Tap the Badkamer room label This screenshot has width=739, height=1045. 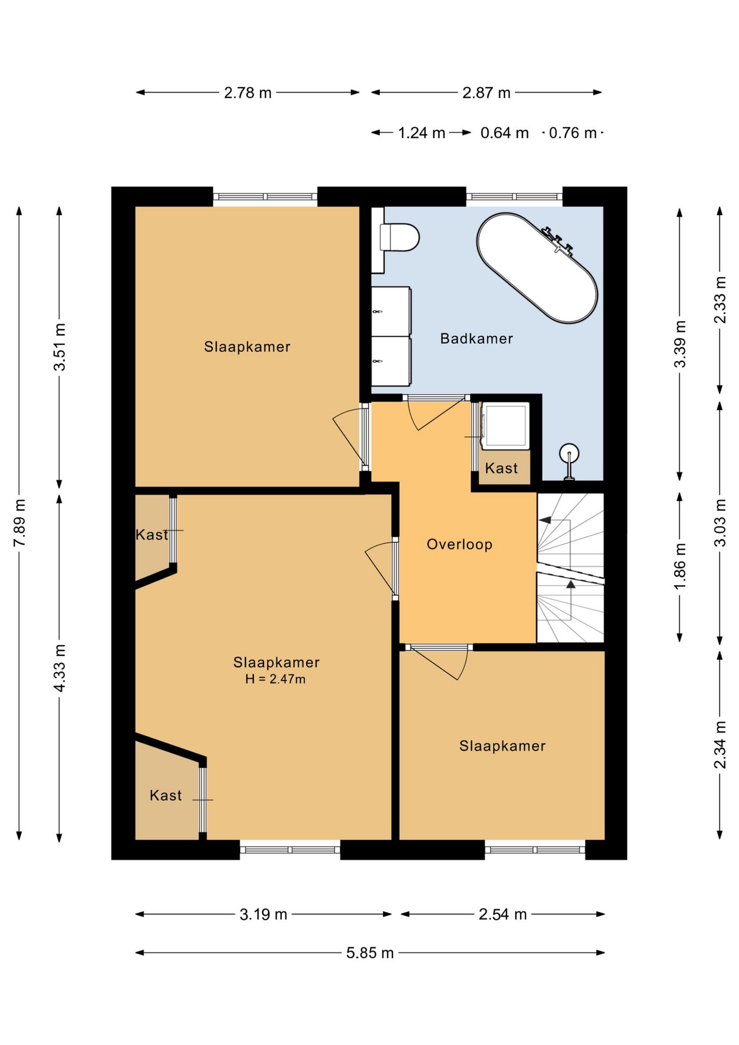476,339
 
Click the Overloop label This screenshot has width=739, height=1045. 459,544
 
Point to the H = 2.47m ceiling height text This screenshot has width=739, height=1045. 275,679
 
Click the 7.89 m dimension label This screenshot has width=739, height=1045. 20,522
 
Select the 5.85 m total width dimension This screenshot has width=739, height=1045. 370,952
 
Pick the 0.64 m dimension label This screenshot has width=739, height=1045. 504,133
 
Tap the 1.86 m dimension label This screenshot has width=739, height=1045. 680,566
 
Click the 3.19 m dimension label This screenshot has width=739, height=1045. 263,914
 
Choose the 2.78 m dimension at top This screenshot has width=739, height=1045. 248,93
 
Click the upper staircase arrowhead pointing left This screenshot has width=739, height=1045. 544,520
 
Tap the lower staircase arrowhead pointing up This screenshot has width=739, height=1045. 571,585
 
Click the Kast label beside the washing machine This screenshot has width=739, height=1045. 501,468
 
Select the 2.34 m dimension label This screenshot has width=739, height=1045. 720,745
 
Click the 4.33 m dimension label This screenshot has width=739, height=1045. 60,668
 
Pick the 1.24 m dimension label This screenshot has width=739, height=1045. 422,133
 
